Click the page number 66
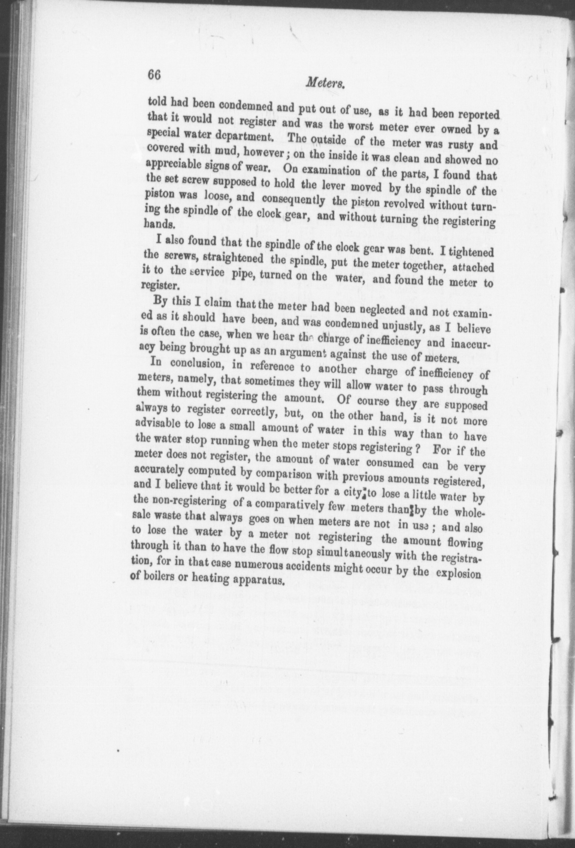155,74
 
